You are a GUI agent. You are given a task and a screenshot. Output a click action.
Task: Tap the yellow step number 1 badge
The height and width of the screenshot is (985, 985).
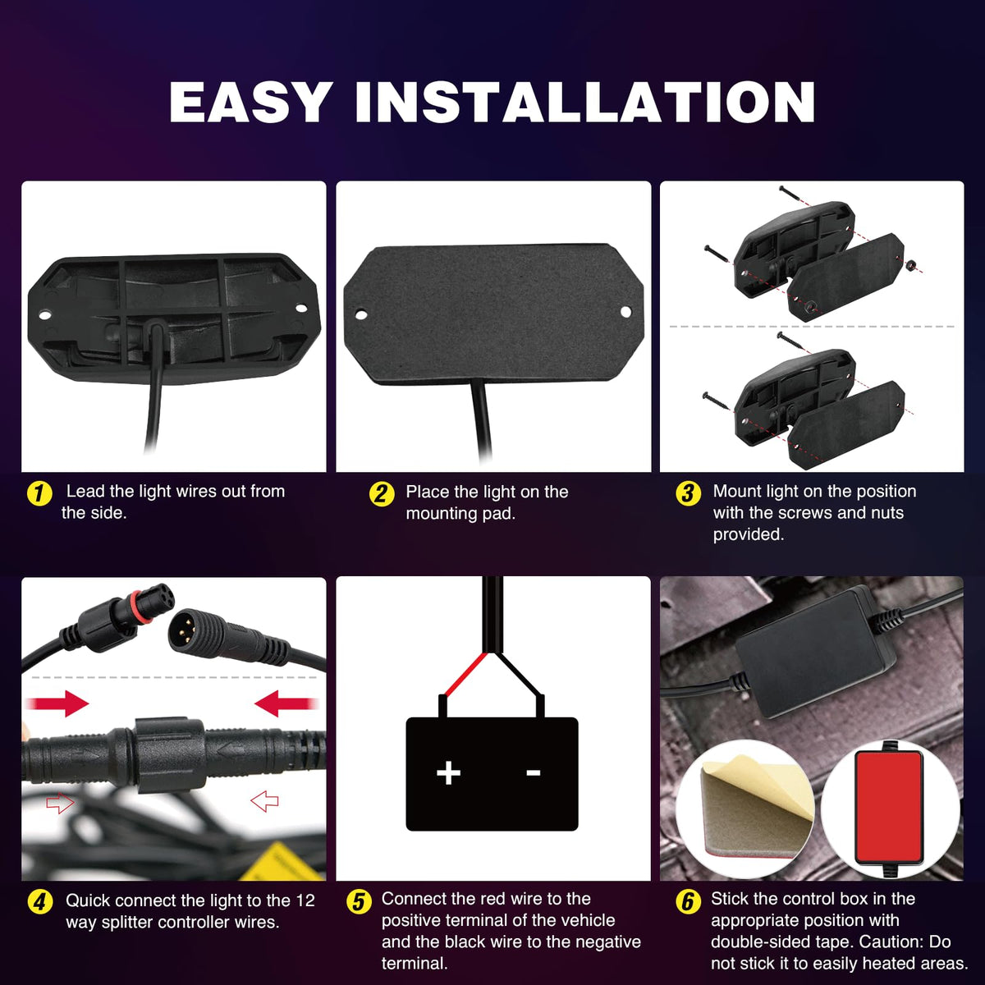click(39, 494)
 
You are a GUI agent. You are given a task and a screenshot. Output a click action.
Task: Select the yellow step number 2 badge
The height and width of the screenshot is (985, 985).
click(382, 494)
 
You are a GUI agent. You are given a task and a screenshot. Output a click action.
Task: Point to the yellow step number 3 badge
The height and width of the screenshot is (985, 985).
click(688, 494)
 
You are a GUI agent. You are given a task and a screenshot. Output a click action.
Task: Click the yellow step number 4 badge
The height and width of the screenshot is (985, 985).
click(40, 901)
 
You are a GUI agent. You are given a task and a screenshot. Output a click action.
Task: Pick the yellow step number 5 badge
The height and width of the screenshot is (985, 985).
click(359, 901)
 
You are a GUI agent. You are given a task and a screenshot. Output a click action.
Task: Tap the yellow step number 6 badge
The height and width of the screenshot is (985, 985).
click(688, 901)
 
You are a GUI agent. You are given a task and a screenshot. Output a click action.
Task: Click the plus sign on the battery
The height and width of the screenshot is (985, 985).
click(448, 772)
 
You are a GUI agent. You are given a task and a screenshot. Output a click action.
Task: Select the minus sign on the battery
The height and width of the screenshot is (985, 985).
click(534, 772)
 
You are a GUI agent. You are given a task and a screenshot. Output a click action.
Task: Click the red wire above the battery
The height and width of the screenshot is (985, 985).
click(464, 674)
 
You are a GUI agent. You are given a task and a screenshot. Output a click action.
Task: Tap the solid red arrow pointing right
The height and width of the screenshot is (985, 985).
click(57, 703)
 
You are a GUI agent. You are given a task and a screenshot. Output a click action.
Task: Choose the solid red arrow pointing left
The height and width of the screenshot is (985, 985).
click(286, 703)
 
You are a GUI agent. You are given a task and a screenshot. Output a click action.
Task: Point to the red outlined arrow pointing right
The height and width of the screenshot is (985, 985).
click(60, 803)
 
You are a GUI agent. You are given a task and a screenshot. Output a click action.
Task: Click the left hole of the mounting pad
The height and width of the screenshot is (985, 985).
click(361, 314)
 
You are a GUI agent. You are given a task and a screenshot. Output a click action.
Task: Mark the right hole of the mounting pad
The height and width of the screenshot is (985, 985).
click(625, 311)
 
